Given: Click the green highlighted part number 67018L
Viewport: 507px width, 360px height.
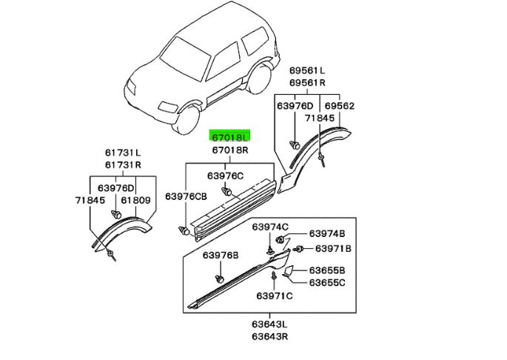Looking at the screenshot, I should point(231,137).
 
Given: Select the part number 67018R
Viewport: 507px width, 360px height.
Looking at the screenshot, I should point(231,150).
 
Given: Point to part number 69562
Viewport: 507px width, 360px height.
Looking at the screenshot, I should point(340,106).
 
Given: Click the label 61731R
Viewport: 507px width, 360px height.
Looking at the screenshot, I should point(123,164).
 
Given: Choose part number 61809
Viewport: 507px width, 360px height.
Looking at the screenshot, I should point(135,200).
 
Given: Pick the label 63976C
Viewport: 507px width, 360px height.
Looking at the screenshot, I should point(225,176).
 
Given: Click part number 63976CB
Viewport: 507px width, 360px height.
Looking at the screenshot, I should point(186,196).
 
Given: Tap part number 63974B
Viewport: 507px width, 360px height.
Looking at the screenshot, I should point(327,233).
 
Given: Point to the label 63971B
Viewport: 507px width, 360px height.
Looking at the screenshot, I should point(329,248).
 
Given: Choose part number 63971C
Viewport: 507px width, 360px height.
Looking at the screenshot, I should point(275,296).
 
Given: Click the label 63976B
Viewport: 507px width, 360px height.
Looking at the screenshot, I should point(221,255).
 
